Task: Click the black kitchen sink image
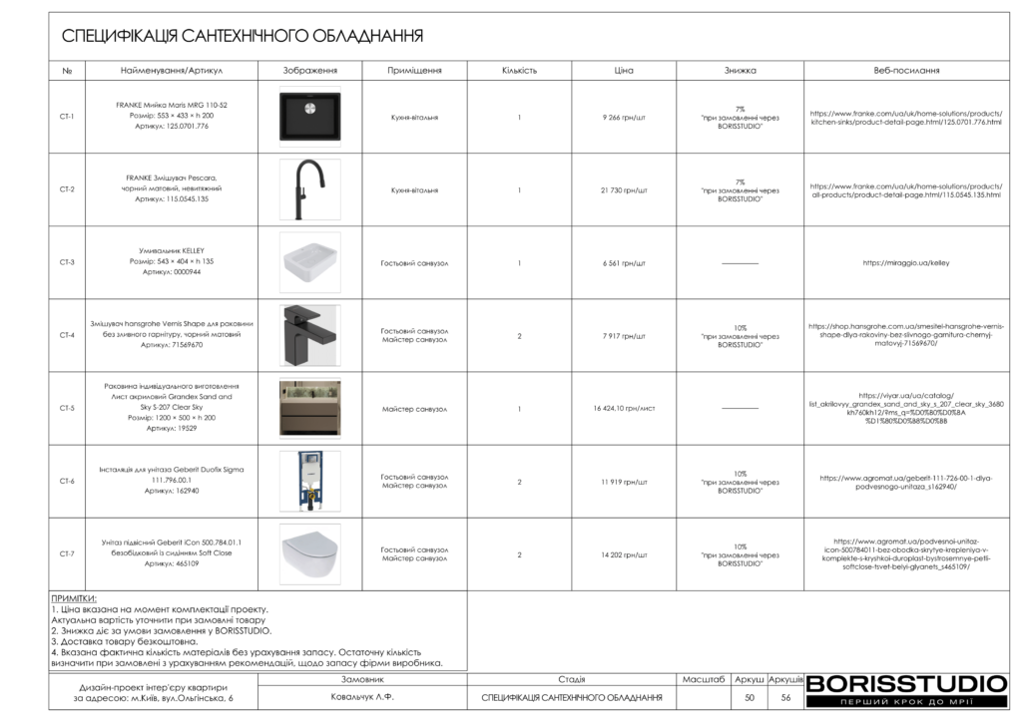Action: click(309, 117)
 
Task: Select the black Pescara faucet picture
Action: click(309, 189)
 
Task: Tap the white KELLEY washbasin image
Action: click(309, 262)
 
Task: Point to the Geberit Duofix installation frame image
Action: click(309, 481)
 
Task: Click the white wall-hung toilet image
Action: click(309, 553)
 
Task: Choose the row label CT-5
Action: click(67, 408)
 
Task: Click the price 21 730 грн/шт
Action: click(624, 189)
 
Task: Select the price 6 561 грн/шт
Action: click(624, 263)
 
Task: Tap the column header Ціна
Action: click(624, 71)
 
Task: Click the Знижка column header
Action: click(740, 71)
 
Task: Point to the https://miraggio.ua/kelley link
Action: click(905, 263)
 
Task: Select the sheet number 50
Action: click(750, 698)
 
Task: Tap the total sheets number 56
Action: click(785, 698)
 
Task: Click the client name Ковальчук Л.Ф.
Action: click(363, 698)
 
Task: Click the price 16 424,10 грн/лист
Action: click(624, 408)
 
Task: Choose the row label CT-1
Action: click(67, 117)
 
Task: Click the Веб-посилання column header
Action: click(905, 71)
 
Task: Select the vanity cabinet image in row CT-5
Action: click(309, 408)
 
